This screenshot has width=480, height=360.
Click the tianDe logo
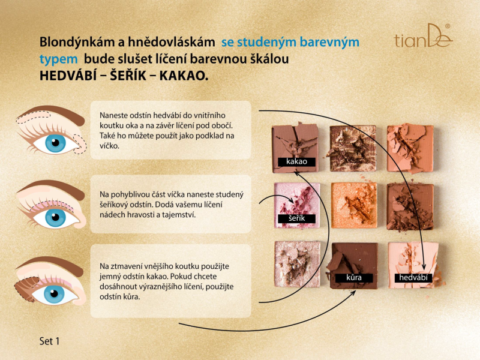pyautogui.click(x=423, y=36)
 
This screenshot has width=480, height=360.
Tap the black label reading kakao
pyautogui.click(x=296, y=161)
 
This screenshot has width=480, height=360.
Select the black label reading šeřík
pyautogui.click(x=296, y=218)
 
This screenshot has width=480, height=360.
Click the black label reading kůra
pyautogui.click(x=354, y=278)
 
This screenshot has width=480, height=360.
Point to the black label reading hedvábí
pyautogui.click(x=413, y=278)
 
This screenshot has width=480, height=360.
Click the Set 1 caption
pyautogui.click(x=49, y=341)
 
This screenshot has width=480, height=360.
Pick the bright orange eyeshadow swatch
pyautogui.click(x=354, y=205)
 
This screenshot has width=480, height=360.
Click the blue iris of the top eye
pyautogui.click(x=55, y=143)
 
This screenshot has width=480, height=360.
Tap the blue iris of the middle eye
pyautogui.click(x=55, y=217)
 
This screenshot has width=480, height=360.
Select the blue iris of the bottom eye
pyautogui.click(x=54, y=294)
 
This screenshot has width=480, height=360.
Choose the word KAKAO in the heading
pyautogui.click(x=184, y=76)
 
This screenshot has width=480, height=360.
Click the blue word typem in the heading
pyautogui.click(x=58, y=59)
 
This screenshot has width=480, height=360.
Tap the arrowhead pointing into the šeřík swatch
pyautogui.click(x=291, y=200)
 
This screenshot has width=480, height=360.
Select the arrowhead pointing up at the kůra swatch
pyautogui.click(x=353, y=293)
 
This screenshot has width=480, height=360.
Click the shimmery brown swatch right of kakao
pyautogui.click(x=353, y=148)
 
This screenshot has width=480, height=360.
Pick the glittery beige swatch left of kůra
pyautogui.click(x=297, y=264)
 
